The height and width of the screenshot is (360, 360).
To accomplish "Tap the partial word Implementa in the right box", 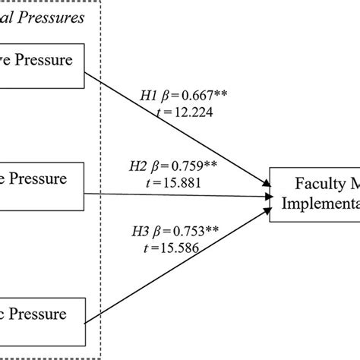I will pos(318,203).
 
